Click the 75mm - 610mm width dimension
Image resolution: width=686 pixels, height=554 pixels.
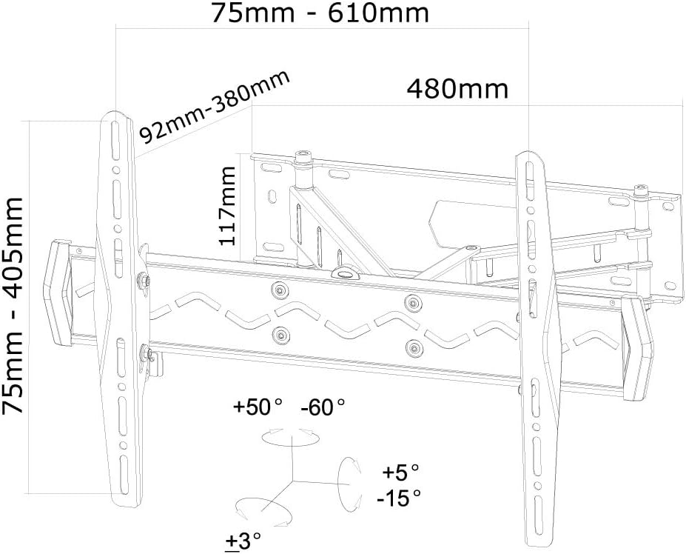pyautogui.click(x=320, y=13)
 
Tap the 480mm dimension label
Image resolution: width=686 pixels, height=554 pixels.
pyautogui.click(x=457, y=89)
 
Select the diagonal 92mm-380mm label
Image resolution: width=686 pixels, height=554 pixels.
pyautogui.click(x=215, y=107)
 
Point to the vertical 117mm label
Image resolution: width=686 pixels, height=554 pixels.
pyautogui.click(x=227, y=206)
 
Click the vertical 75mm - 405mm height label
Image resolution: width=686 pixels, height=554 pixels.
pyautogui.click(x=13, y=305)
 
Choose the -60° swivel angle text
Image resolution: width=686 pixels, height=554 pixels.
pyautogui.click(x=323, y=407)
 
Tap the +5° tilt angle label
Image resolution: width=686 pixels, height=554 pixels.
pyautogui.click(x=401, y=473)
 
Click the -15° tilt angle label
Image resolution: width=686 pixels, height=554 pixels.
pyautogui.click(x=399, y=498)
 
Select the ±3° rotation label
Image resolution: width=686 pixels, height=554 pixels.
pyautogui.click(x=243, y=541)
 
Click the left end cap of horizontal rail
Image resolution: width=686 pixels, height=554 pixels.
pyautogui.click(x=58, y=292)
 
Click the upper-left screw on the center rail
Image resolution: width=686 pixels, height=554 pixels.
pyautogui.click(x=280, y=290)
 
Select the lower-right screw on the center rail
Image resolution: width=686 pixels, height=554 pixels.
pyautogui.click(x=414, y=348)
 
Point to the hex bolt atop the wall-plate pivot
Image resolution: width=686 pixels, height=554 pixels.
pyautogui.click(x=303, y=156)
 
